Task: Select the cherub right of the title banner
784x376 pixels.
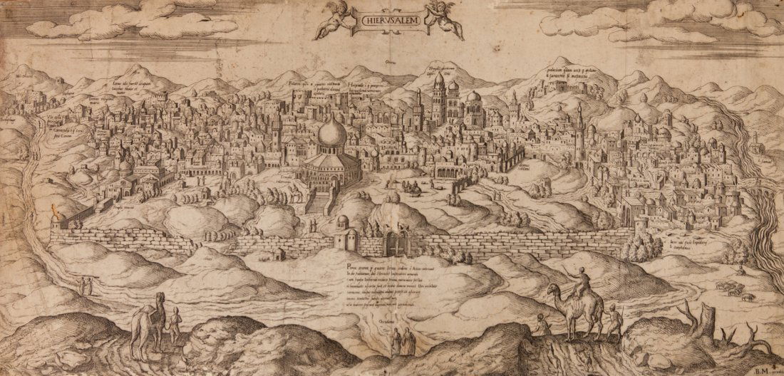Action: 446,19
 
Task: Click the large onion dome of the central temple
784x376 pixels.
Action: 332,134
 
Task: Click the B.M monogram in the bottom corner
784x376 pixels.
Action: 763,368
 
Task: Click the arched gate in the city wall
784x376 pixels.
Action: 395,242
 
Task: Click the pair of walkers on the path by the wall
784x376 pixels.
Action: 86,286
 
